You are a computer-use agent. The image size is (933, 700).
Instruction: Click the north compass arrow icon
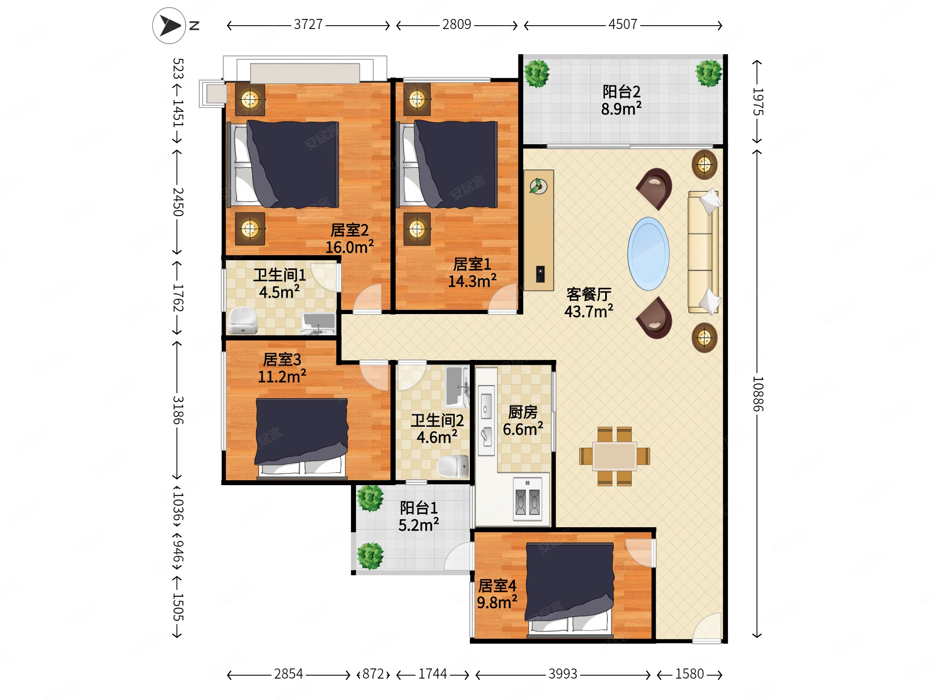(169, 26)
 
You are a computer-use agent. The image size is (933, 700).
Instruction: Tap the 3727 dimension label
(308, 24)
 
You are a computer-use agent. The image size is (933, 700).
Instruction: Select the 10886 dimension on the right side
(757, 394)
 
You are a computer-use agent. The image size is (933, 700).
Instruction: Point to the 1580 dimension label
(690, 674)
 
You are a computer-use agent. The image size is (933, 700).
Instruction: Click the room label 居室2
(349, 230)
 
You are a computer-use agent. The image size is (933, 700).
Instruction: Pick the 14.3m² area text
(472, 280)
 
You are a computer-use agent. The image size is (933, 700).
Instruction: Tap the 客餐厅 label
(589, 294)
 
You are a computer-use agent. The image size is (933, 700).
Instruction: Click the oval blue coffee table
(648, 254)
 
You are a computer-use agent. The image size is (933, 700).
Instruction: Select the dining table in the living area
(614, 456)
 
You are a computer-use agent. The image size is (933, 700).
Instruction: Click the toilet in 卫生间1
(242, 320)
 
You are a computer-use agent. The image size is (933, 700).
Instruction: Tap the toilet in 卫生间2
(453, 466)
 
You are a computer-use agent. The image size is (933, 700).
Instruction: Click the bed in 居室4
(569, 589)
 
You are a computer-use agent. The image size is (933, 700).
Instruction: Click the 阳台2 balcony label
(621, 91)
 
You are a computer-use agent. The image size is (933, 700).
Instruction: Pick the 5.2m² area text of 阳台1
(419, 525)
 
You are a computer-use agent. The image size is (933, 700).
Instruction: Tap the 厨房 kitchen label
(522, 412)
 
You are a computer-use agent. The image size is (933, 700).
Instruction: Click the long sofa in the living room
(703, 252)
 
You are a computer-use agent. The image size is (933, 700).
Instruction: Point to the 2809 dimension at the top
(457, 24)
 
